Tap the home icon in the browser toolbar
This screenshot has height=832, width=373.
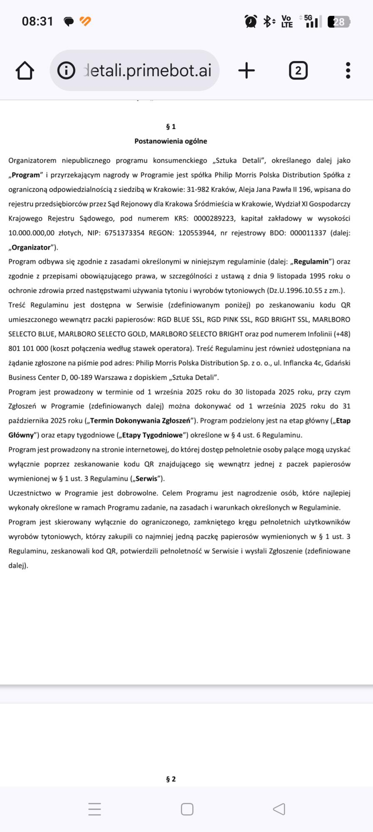(25, 71)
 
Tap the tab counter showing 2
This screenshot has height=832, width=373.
(298, 71)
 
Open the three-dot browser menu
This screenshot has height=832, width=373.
(348, 71)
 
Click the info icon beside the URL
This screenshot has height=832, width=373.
(66, 71)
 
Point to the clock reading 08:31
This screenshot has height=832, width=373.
(37, 21)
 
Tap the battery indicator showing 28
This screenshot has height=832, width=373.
(338, 22)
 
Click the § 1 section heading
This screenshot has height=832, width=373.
(171, 127)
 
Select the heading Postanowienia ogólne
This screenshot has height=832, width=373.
(171, 141)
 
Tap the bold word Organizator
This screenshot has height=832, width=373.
(31, 248)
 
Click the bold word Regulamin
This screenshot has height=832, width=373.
(311, 262)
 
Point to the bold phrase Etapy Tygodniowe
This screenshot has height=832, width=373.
(152, 435)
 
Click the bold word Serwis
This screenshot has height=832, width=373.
(146, 478)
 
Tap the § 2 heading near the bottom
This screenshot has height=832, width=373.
(171, 779)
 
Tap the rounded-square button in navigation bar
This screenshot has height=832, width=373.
(187, 809)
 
